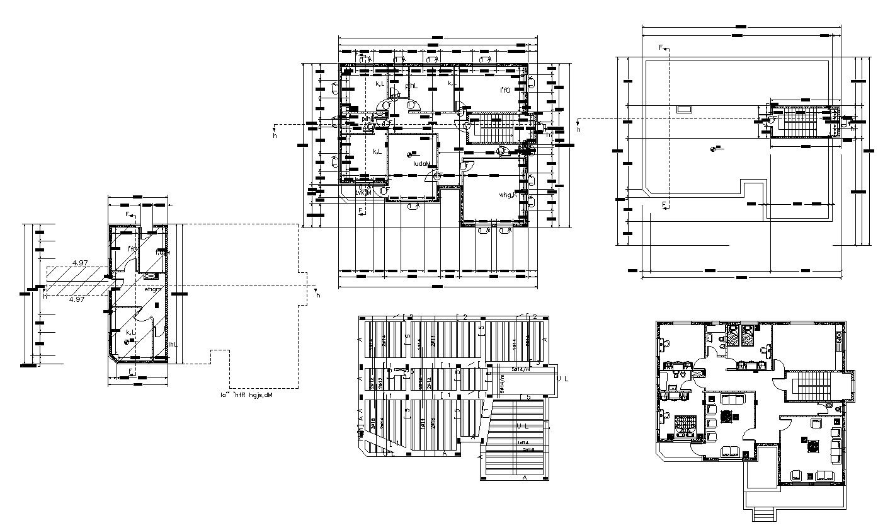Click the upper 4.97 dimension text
point(80,262)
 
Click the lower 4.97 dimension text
point(77,299)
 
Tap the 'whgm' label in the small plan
point(154,289)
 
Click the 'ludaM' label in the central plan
point(421,164)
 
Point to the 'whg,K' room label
point(508,195)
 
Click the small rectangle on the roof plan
point(683,109)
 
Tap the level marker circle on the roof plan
point(713,149)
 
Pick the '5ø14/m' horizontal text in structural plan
point(521,369)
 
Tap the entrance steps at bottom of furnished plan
point(763,515)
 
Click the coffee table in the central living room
point(727,417)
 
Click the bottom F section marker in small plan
point(131,372)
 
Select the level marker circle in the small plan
point(128,342)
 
